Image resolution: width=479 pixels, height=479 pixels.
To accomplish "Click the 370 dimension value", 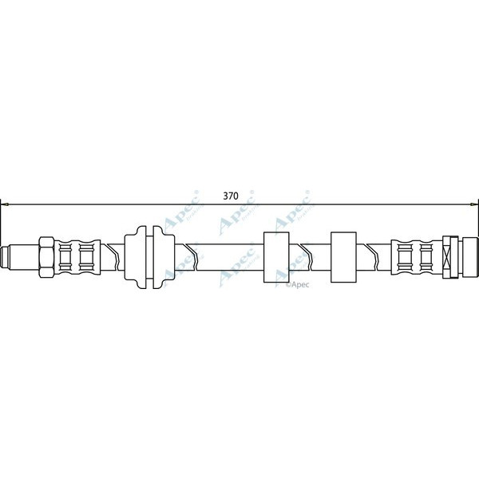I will (x=230, y=194).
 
